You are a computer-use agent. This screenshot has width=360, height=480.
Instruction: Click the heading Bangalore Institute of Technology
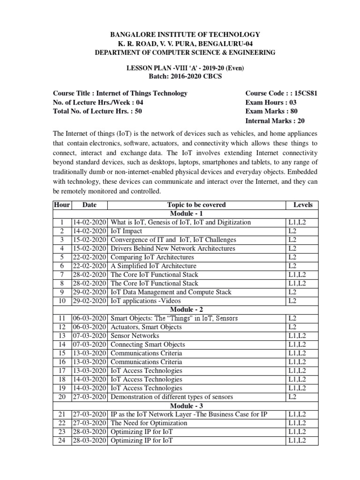185,35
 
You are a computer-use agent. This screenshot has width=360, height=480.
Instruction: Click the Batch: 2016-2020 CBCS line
185,76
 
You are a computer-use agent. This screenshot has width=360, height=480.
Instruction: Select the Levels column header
302,205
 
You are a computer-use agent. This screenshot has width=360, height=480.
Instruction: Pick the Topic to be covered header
196,205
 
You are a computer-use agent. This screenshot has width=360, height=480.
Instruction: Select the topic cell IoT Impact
126,231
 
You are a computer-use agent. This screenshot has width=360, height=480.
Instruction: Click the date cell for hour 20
89,397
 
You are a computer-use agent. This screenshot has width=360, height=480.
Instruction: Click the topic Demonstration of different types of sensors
172,397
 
